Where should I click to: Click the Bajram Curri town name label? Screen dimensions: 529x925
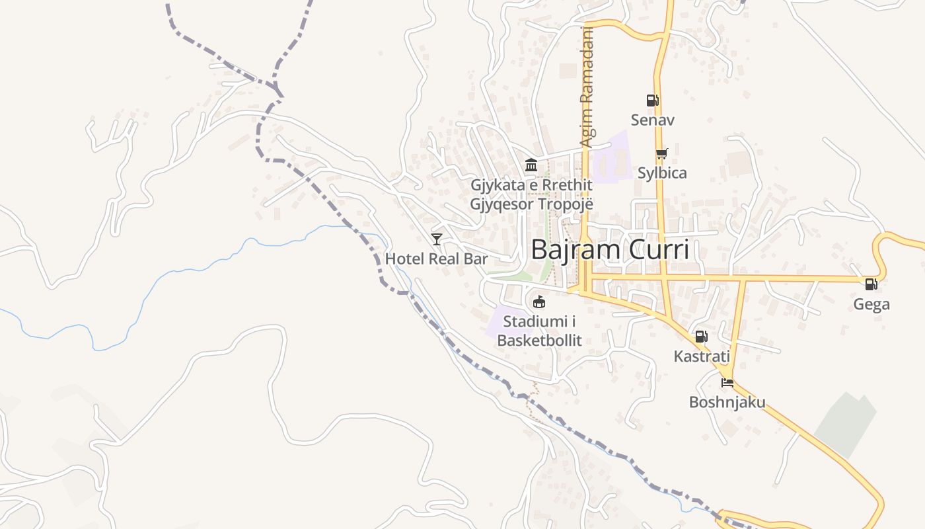point(609,250)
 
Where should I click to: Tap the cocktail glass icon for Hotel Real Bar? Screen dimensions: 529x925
point(436,239)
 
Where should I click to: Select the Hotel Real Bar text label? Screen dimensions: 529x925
point(436,259)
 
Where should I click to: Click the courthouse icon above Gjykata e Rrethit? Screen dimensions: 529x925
point(531,165)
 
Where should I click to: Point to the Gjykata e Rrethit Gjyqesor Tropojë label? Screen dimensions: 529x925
point(531,194)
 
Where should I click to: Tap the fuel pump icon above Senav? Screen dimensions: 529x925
point(652,101)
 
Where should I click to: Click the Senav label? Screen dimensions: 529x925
point(652,120)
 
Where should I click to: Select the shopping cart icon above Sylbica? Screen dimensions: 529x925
point(661,153)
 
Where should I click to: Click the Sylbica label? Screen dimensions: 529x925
point(662,173)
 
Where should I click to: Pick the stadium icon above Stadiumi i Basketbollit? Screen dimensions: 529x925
point(539,302)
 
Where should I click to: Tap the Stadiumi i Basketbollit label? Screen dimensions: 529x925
point(539,331)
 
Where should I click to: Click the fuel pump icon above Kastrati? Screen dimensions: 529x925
point(701,337)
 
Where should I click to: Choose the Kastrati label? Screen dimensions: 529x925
point(701,356)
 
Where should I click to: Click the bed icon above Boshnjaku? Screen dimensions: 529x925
point(727,382)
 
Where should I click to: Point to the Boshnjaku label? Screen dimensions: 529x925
point(727,402)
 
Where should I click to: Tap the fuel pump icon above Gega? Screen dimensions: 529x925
point(871,284)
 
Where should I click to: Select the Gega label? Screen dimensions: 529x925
point(871,304)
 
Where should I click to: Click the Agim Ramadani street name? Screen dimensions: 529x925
point(587,86)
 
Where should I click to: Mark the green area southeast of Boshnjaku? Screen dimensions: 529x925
point(846,423)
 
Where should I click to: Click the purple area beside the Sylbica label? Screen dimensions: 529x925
point(611,159)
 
